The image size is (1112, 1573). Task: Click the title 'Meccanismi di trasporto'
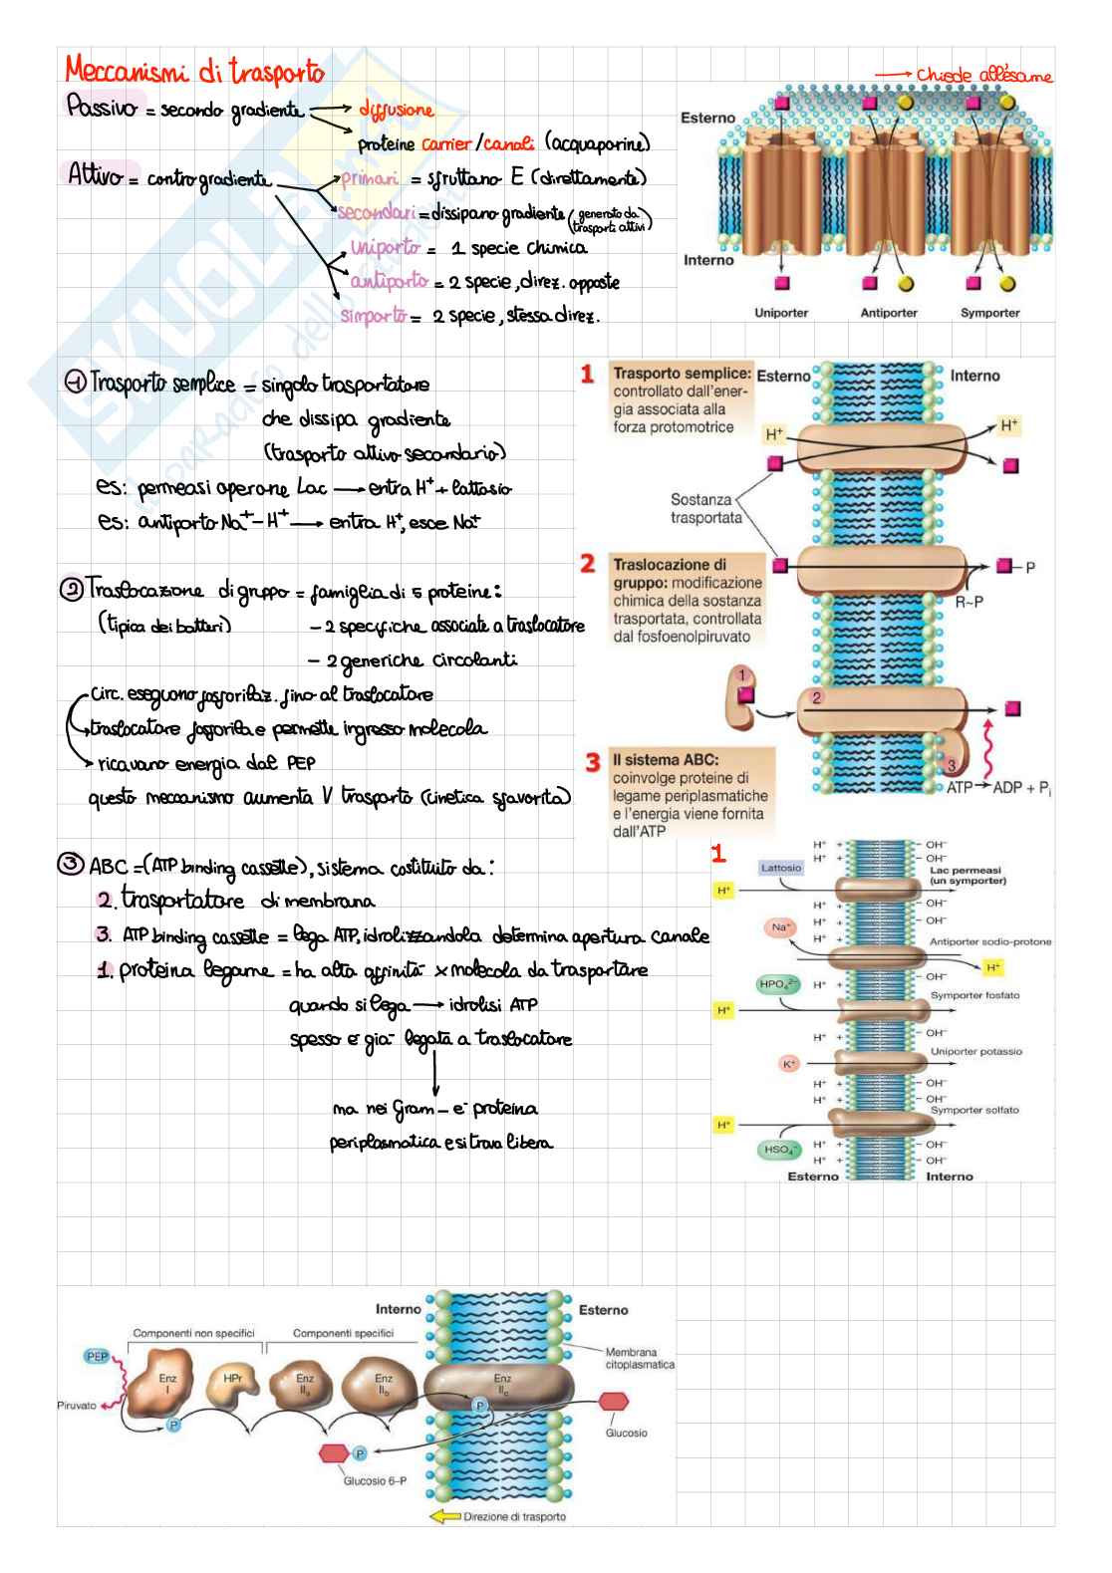point(194,72)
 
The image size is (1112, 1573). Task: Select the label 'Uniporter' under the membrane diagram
point(781,313)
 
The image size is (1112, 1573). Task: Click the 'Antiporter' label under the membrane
point(889,313)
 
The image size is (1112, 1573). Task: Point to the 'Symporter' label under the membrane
point(989,313)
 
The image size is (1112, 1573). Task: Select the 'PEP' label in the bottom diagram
point(97,1356)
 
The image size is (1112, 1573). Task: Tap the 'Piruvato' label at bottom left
point(77,1406)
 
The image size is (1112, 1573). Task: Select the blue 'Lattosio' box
point(781,868)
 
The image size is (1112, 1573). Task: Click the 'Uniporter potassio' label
point(975,1052)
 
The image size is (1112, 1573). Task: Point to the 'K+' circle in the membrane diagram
point(789,1064)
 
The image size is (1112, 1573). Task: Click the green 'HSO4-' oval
point(779,1150)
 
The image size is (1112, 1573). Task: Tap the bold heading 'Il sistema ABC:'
point(666,760)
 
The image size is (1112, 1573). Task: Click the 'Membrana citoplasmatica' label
point(639,1359)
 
